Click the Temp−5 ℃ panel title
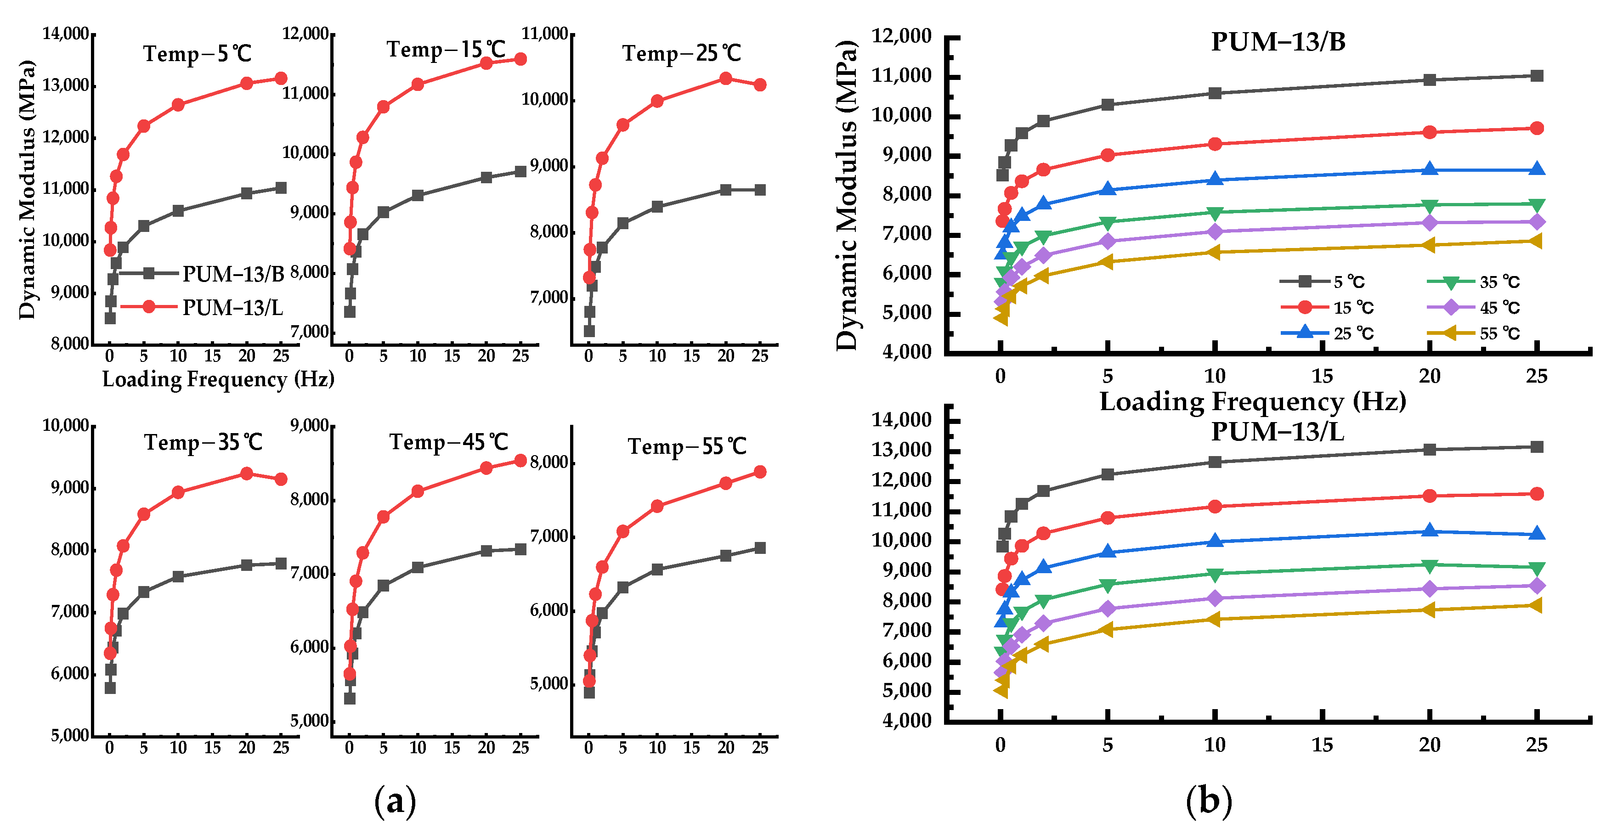click(197, 54)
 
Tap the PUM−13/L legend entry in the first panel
click(232, 307)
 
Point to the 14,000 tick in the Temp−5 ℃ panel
click(65, 34)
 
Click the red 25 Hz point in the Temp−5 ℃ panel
click(281, 79)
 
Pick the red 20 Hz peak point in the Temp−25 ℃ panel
click(725, 79)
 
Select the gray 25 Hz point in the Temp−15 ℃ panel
click(520, 171)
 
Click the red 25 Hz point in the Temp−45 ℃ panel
click(520, 461)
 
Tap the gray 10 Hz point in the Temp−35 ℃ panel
click(178, 576)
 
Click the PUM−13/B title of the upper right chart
click(1278, 42)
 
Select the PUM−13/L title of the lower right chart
click(1278, 431)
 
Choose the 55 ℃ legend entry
click(1499, 333)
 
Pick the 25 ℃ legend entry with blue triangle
click(1353, 333)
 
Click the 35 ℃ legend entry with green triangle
click(1499, 282)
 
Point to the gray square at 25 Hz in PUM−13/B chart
click(1537, 76)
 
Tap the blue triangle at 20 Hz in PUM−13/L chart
click(1430, 531)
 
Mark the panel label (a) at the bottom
click(395, 801)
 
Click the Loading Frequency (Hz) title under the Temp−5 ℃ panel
click(218, 379)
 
